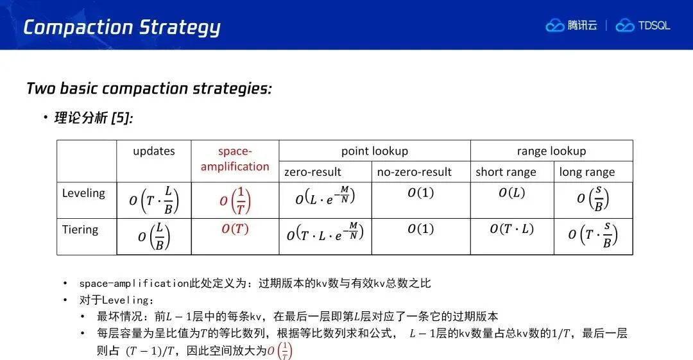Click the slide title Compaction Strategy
[x=122, y=28]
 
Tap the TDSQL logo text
[x=654, y=26]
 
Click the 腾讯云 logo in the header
[x=572, y=25]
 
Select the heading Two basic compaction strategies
[x=149, y=89]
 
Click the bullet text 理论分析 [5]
[x=93, y=117]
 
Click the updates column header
[x=154, y=151]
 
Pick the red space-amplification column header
[x=235, y=159]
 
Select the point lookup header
[x=374, y=151]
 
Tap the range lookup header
[x=551, y=151]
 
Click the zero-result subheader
[x=312, y=172]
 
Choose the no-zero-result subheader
[x=414, y=172]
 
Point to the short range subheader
[x=506, y=172]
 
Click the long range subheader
[x=587, y=172]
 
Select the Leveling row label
[x=83, y=193]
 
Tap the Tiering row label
[x=80, y=230]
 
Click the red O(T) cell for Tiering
[x=235, y=229]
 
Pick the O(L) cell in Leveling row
[x=512, y=193]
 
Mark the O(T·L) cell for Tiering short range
[x=512, y=229]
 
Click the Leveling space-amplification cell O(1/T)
[x=235, y=200]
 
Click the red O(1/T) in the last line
[x=280, y=351]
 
